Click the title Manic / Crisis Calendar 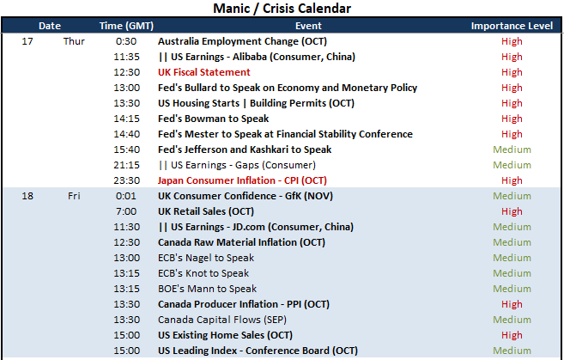(x=282, y=9)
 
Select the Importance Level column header (x=512, y=26)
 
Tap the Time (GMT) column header (x=126, y=26)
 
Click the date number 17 (x=27, y=41)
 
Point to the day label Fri (x=74, y=196)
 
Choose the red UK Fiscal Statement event (x=204, y=72)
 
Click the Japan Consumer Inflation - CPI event (x=242, y=180)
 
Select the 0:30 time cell (x=126, y=41)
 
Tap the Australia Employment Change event (x=242, y=41)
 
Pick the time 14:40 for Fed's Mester (x=126, y=134)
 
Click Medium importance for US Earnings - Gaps (x=512, y=165)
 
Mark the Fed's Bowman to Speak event (x=213, y=119)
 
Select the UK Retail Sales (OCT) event (x=206, y=211)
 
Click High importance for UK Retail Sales (x=512, y=211)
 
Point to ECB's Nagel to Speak (x=206, y=258)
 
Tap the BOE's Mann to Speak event (x=207, y=289)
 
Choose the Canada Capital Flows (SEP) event (x=222, y=320)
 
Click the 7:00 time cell (x=126, y=211)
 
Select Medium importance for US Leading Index (x=512, y=351)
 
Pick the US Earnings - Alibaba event (x=257, y=57)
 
